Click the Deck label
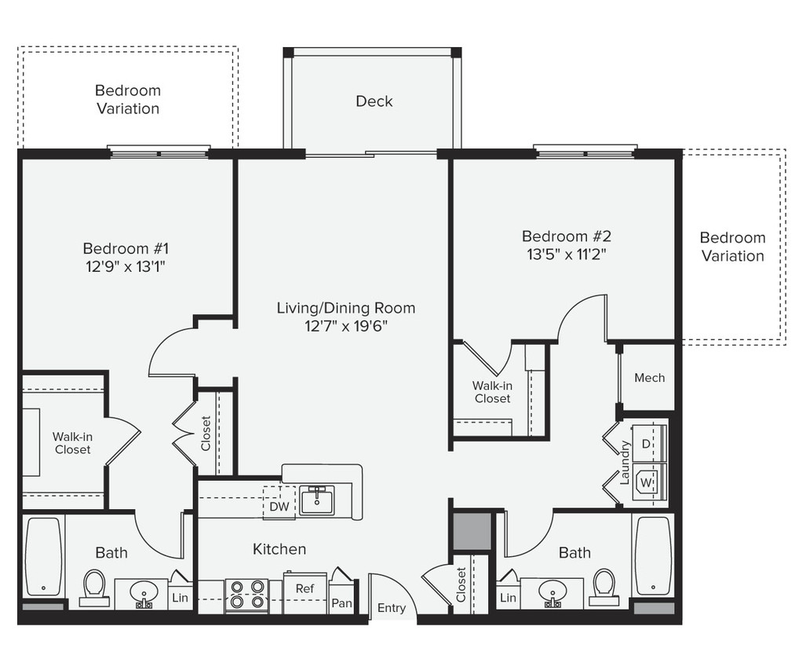[x=374, y=101]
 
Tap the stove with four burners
[x=246, y=595]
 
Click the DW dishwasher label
[x=279, y=507]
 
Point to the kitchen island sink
[x=317, y=500]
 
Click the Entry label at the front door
[x=392, y=607]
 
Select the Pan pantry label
[x=341, y=603]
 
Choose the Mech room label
[x=649, y=378]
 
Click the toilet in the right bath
[x=604, y=585]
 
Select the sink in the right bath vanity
[x=552, y=590]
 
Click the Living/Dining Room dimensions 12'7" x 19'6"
[x=345, y=325]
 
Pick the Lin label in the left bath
[x=180, y=598]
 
